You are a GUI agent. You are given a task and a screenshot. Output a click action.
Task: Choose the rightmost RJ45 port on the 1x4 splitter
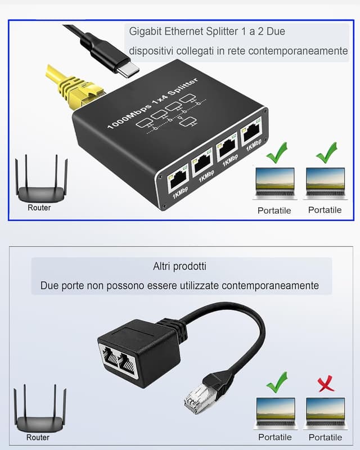pos(250,135)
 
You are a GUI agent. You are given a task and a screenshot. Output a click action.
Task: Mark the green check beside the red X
pos(276,382)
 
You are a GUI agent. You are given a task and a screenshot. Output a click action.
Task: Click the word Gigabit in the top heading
pos(146,31)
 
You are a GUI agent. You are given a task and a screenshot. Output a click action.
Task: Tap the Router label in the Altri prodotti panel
pos(38,437)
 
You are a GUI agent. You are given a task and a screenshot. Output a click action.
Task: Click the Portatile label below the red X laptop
pos(325,437)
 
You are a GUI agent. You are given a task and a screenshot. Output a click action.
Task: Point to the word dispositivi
pos(151,51)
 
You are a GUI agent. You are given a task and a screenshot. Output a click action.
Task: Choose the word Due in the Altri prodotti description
pos(50,286)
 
